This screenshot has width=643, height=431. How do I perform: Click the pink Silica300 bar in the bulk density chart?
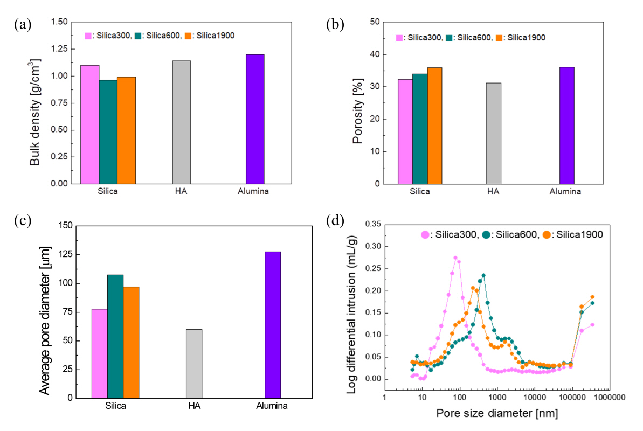(89, 124)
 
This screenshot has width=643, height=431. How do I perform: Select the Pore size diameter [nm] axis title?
(497, 414)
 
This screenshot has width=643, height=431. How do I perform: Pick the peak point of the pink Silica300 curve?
(455, 258)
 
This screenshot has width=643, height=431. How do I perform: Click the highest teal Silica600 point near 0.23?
(483, 275)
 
